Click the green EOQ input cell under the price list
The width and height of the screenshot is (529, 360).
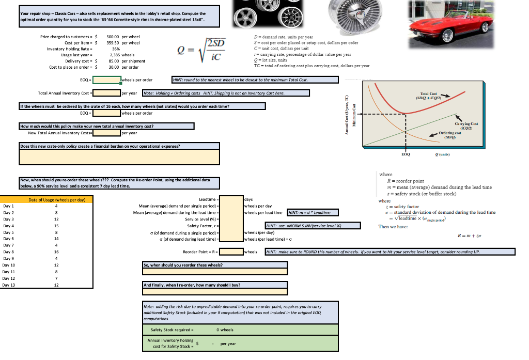pos(106,80)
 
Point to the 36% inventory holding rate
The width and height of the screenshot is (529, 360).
pos(110,49)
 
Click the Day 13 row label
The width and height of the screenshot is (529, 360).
pos(9,285)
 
